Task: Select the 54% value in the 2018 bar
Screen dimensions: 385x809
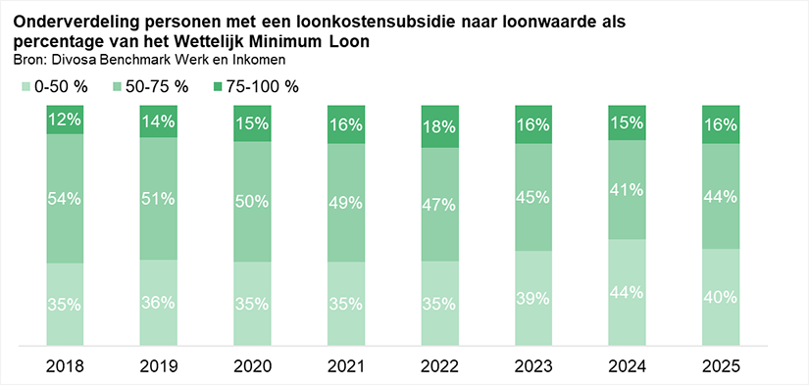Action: (x=66, y=199)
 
